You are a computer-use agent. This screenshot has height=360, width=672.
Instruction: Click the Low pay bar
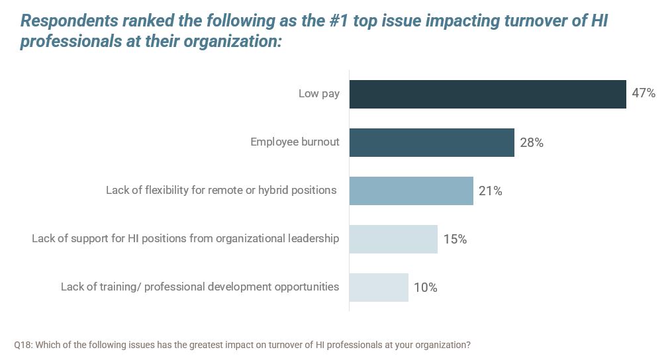pos(487,94)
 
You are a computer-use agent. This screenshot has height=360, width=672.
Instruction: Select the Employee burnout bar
pos(432,142)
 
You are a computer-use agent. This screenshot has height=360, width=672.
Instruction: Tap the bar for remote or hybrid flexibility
pos(411,191)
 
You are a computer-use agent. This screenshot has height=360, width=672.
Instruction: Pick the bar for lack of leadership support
pos(393,239)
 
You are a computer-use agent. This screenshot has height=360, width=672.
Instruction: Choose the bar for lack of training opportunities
pos(379,287)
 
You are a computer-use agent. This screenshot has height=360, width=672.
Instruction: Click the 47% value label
pos(644,93)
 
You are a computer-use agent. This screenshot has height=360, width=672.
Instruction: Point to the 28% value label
pos(532,142)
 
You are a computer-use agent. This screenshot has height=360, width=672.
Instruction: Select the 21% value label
pos(491,191)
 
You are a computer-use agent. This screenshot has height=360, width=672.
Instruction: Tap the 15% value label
pos(455,239)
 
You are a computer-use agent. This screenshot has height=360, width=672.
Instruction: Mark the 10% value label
pos(426,287)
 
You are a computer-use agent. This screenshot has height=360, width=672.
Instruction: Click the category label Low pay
pos(319,93)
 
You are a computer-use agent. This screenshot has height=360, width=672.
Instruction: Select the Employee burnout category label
pos(295,142)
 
